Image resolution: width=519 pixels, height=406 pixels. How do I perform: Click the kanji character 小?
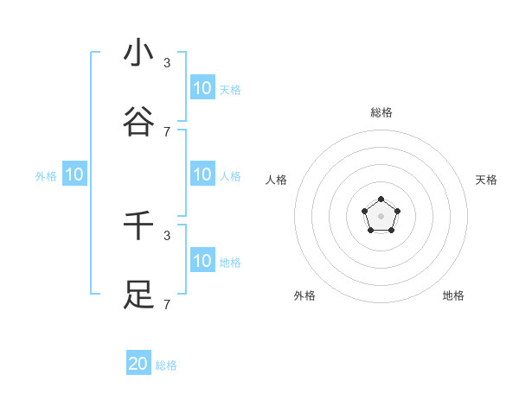138,53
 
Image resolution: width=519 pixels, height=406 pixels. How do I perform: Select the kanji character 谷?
138,122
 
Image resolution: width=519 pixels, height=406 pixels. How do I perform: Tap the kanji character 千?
138,225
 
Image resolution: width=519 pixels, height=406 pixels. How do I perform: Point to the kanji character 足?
138,295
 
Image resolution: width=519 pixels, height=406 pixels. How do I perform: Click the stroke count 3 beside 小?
167,62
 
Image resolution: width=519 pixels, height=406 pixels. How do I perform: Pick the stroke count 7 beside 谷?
167,131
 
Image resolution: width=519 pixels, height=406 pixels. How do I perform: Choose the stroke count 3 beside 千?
167,235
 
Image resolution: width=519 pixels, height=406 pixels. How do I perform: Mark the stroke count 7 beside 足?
167,304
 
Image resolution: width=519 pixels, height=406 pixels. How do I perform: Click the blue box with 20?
138,364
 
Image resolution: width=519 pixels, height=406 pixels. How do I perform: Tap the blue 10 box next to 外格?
74,174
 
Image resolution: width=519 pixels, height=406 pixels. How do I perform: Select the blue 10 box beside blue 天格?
202,87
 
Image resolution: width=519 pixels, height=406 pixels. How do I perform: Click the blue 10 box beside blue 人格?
202,174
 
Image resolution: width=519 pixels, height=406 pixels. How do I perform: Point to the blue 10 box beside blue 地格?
202,260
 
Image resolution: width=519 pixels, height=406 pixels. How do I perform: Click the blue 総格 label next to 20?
166,365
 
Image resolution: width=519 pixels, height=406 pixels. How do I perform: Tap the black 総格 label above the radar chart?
381,112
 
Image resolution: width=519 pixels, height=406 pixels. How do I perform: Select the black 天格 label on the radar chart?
486,180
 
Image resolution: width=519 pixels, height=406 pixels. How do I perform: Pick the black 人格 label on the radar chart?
277,180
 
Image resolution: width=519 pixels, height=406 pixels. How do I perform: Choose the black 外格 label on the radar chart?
304,295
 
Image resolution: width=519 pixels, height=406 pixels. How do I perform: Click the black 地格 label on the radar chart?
453,295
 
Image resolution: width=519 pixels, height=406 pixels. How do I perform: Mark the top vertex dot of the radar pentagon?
381,200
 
